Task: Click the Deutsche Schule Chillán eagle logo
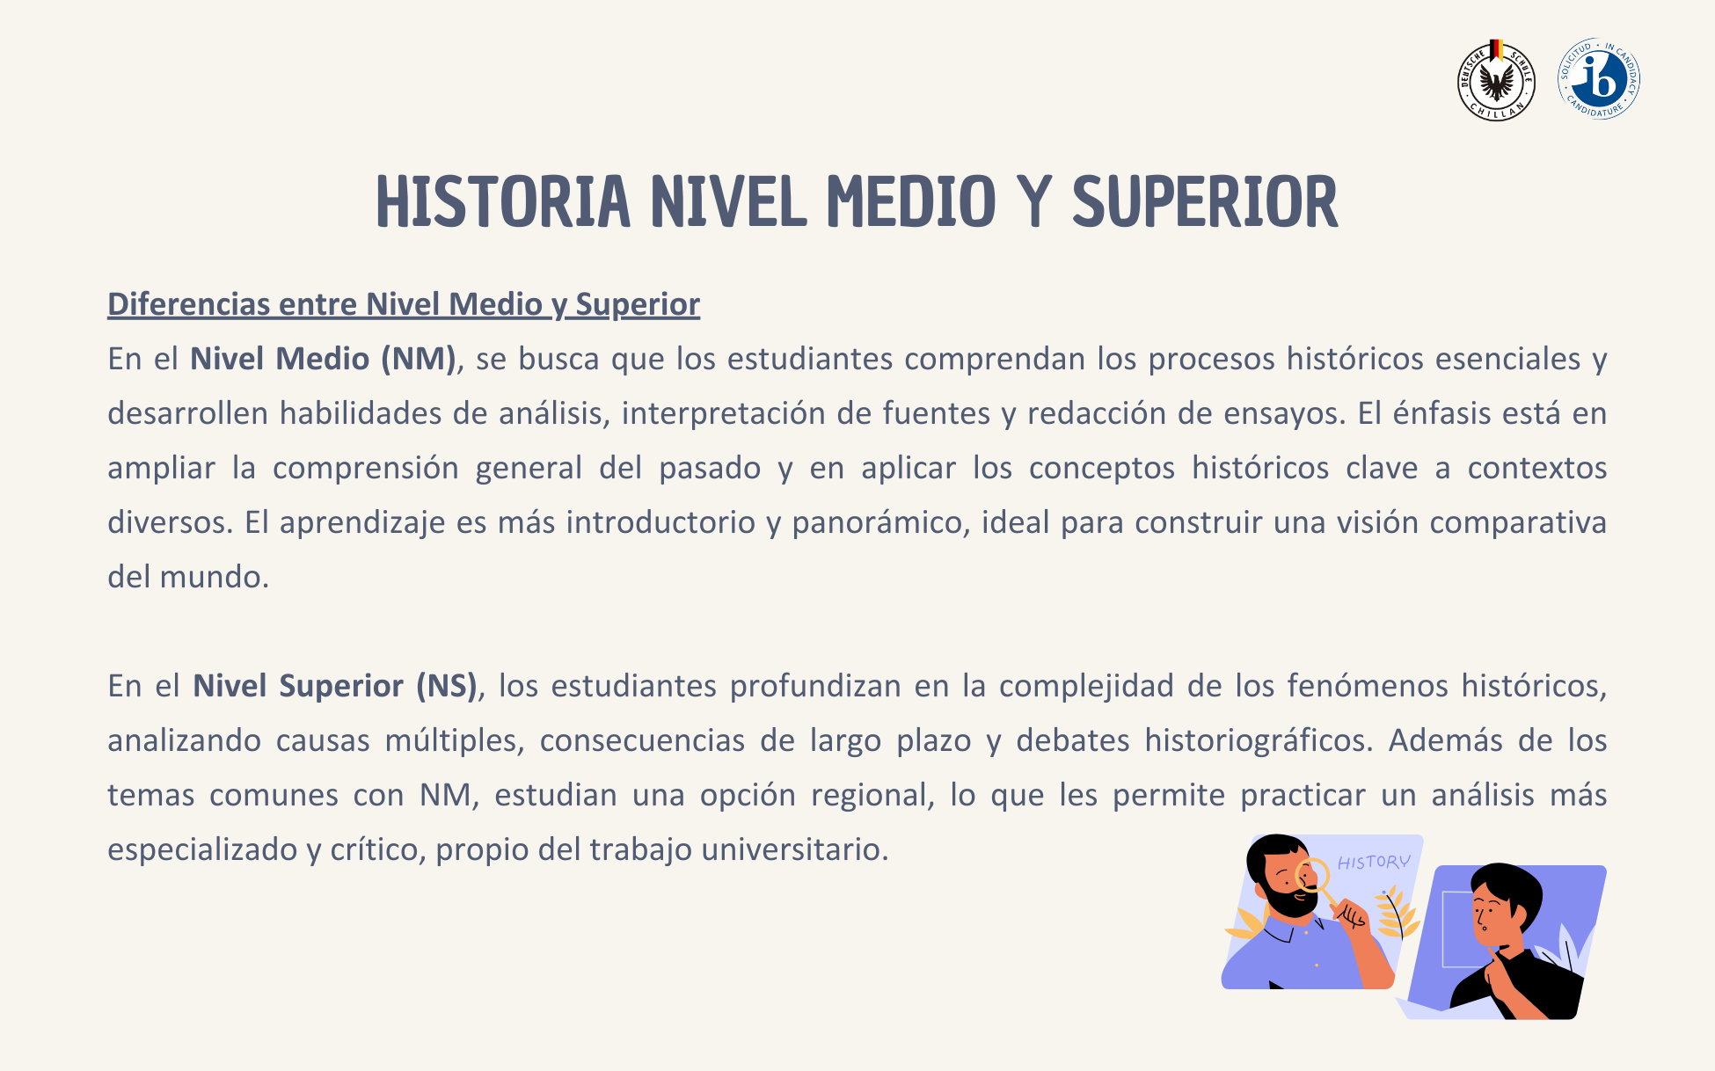tap(1496, 81)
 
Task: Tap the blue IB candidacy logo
tap(1599, 79)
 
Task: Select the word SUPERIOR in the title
tap(1205, 202)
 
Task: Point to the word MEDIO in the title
tap(911, 202)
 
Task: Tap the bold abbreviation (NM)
tap(418, 359)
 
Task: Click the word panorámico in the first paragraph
tap(880, 523)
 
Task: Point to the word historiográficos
tap(1259, 740)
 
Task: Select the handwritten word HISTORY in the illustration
tap(1374, 863)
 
